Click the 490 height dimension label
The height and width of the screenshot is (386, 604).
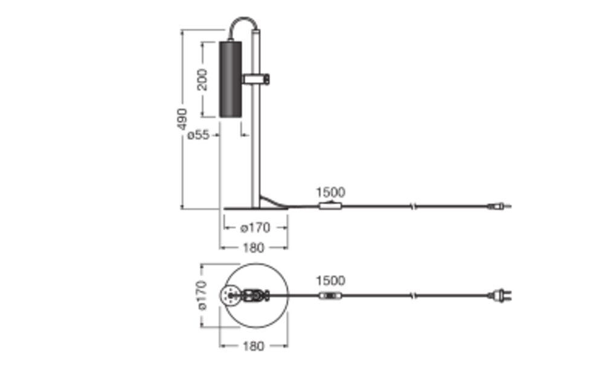[x=182, y=119]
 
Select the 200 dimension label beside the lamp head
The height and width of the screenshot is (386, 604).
[x=202, y=80]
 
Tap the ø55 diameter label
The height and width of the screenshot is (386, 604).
[x=198, y=135]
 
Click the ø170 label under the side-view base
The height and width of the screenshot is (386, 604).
[x=255, y=228]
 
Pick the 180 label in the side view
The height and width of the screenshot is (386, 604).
[x=254, y=248]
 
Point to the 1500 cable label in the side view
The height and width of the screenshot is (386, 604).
[x=330, y=192]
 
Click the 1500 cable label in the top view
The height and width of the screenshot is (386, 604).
[x=330, y=280]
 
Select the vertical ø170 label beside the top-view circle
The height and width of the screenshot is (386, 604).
[x=202, y=296]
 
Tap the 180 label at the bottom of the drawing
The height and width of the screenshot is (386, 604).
[x=254, y=346]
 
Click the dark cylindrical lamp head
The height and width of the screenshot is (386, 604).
[x=230, y=79]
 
